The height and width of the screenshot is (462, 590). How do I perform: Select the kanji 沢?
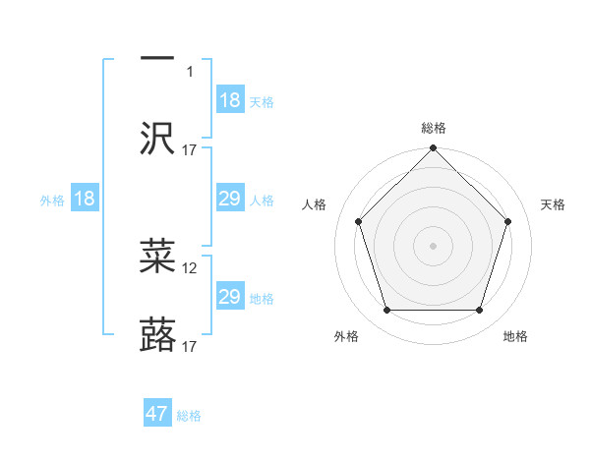[x=157, y=139]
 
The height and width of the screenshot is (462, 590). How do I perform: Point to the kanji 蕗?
[x=157, y=335]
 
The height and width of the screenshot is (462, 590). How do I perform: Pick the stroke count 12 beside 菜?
[x=191, y=267]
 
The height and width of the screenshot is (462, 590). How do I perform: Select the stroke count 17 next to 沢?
[x=191, y=149]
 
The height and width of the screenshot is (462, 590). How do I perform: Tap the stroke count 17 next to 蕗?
[x=191, y=346]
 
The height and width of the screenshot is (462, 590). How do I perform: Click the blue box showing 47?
[x=157, y=414]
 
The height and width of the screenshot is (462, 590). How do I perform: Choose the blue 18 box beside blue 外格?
[x=85, y=199]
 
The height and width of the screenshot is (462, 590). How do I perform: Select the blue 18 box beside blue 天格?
[x=230, y=100]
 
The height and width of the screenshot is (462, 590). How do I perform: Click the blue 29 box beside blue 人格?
[x=230, y=199]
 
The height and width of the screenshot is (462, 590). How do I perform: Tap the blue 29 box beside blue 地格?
[x=230, y=297]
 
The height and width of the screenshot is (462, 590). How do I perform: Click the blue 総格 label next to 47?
[x=189, y=416]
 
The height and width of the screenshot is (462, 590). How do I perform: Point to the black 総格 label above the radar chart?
[x=434, y=128]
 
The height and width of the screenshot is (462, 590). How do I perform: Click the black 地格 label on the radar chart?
[x=515, y=336]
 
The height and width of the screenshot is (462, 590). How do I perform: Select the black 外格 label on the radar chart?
[x=346, y=336]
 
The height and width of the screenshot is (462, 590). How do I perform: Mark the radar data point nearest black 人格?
[x=359, y=221]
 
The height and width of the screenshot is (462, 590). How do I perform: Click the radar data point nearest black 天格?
[x=508, y=221]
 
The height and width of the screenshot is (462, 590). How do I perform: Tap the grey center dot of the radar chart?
[x=434, y=245]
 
